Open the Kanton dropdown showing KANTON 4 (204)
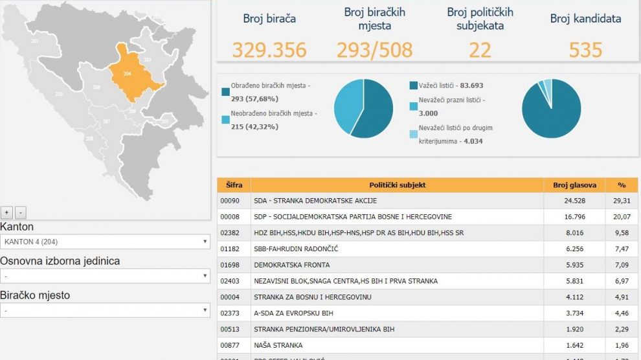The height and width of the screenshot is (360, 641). pyautogui.click(x=105, y=242)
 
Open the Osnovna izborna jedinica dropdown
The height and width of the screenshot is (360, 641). pyautogui.click(x=105, y=276)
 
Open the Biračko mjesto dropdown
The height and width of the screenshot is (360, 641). pyautogui.click(x=105, y=310)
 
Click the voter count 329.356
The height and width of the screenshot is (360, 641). pyautogui.click(x=269, y=50)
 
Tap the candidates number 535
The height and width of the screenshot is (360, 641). pyautogui.click(x=585, y=50)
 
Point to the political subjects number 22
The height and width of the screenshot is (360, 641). pyautogui.click(x=480, y=50)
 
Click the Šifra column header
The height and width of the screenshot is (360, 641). pyautogui.click(x=234, y=185)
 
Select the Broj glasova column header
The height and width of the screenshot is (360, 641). pyautogui.click(x=574, y=185)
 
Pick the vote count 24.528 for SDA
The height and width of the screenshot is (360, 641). pyautogui.click(x=575, y=201)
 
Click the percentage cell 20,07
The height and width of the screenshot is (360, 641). pyautogui.click(x=622, y=217)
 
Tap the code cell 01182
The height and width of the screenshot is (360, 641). pyautogui.click(x=230, y=249)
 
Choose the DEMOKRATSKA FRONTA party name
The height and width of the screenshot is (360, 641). pyautogui.click(x=291, y=265)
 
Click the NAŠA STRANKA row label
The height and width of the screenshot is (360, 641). pyautogui.click(x=278, y=345)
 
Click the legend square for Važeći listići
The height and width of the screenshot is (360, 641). pyautogui.click(x=414, y=85)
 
